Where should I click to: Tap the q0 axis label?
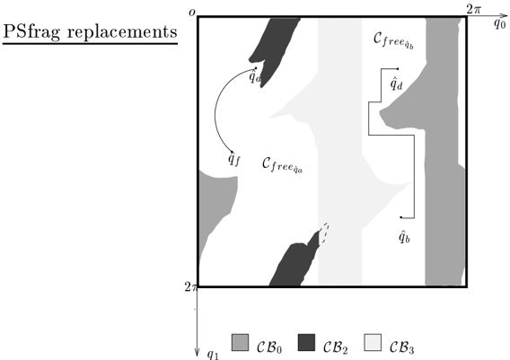coord(499,23)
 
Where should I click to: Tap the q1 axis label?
coord(214,355)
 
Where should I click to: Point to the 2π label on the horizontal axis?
coord(473,10)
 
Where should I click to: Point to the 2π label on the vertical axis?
coord(190,286)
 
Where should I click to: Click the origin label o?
coord(192,13)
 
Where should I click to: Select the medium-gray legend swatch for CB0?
coord(240,342)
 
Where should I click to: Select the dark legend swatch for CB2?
coord(306,342)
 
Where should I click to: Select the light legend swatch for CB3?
coord(373,342)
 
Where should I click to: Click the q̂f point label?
coord(234,159)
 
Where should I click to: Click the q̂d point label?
coord(396,83)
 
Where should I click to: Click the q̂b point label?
coord(404,236)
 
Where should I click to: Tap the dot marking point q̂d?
coord(398,68)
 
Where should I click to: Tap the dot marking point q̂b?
coord(401,217)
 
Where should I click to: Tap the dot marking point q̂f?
coord(232,152)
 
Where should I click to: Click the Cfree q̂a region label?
coord(282,164)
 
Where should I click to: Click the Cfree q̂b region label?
coord(393,41)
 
